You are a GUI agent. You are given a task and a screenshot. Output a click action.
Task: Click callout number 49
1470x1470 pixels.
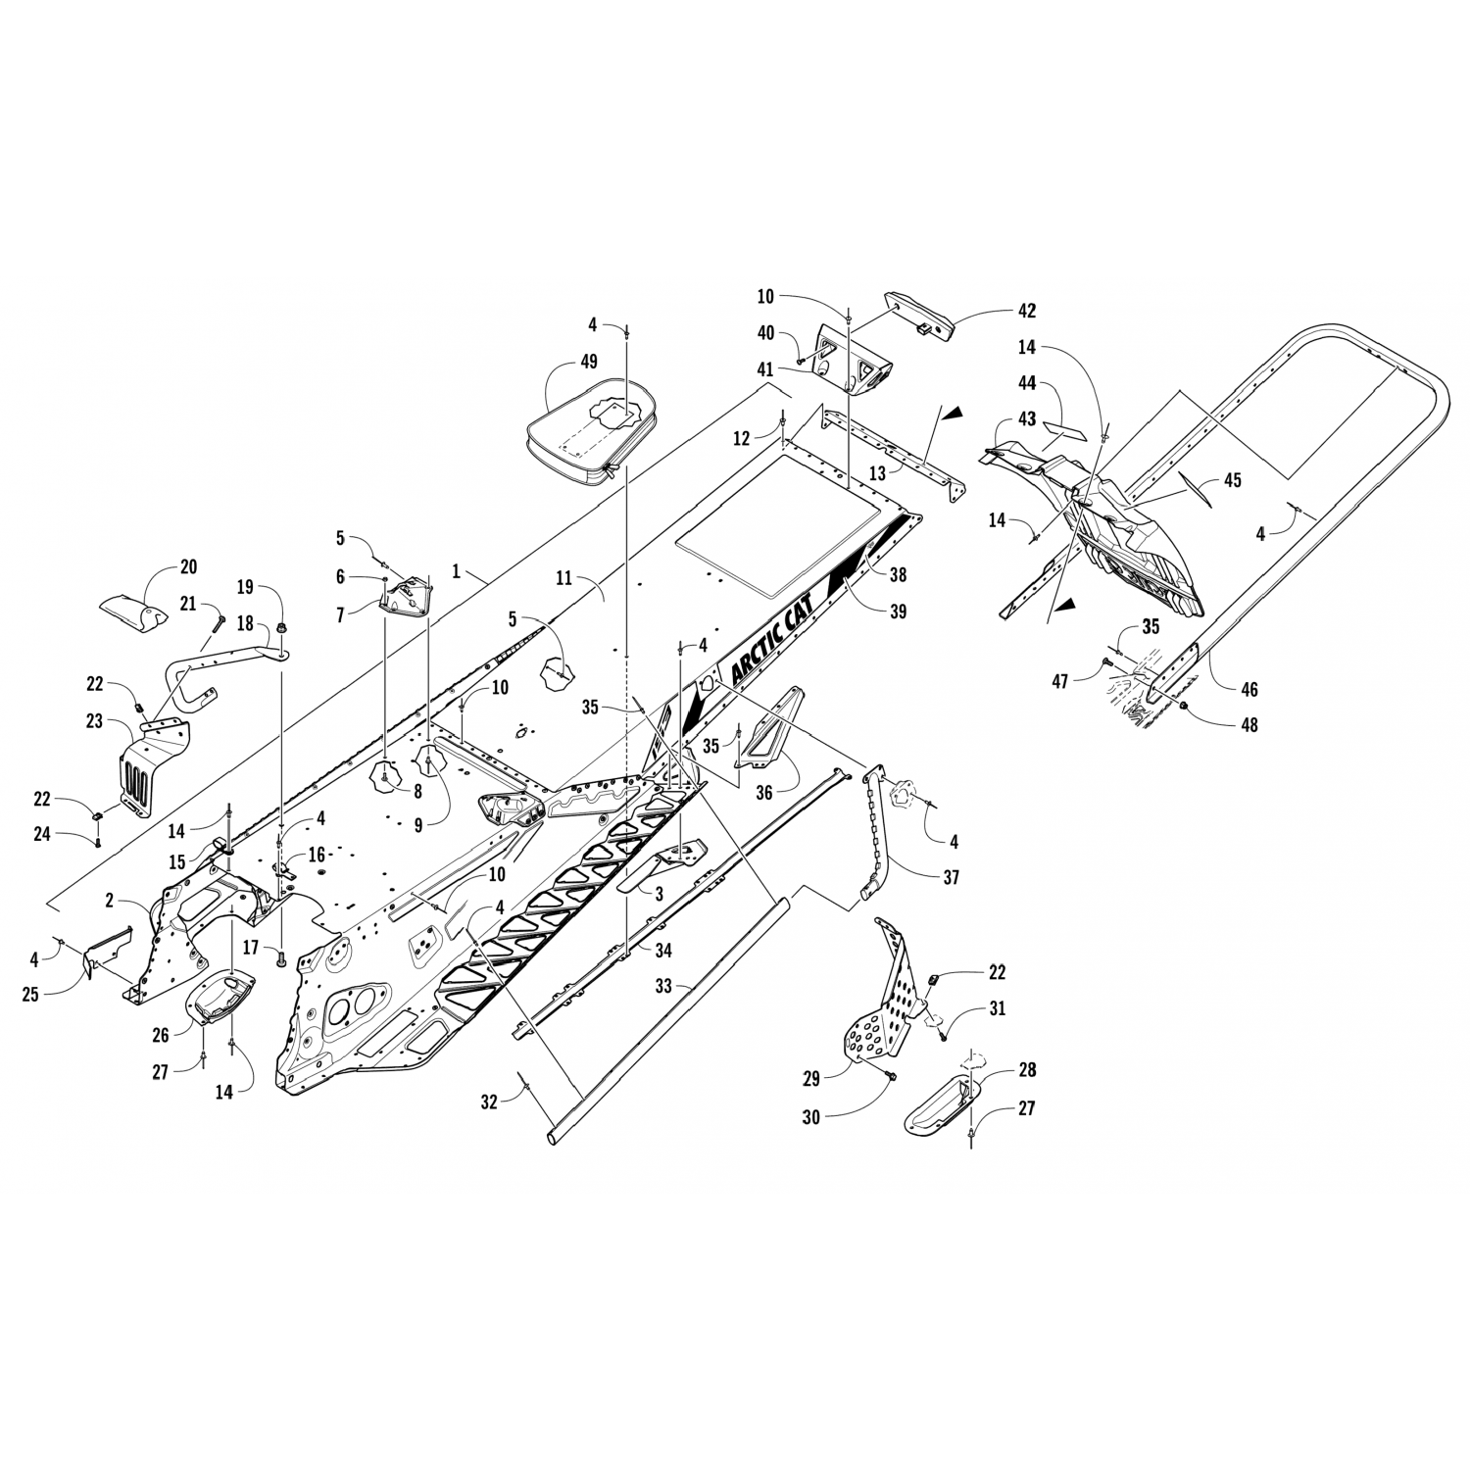tap(588, 362)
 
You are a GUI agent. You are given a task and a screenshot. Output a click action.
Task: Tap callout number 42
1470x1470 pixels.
tap(1026, 311)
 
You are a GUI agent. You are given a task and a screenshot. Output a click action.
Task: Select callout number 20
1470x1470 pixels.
tap(188, 566)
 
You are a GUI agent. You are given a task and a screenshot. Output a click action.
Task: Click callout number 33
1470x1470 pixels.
tap(663, 986)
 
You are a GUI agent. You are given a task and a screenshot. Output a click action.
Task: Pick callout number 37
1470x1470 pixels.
tap(950, 877)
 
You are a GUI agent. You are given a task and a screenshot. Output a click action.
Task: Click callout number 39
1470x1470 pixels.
tap(897, 612)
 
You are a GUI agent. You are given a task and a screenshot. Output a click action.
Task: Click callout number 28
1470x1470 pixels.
tap(1027, 1070)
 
